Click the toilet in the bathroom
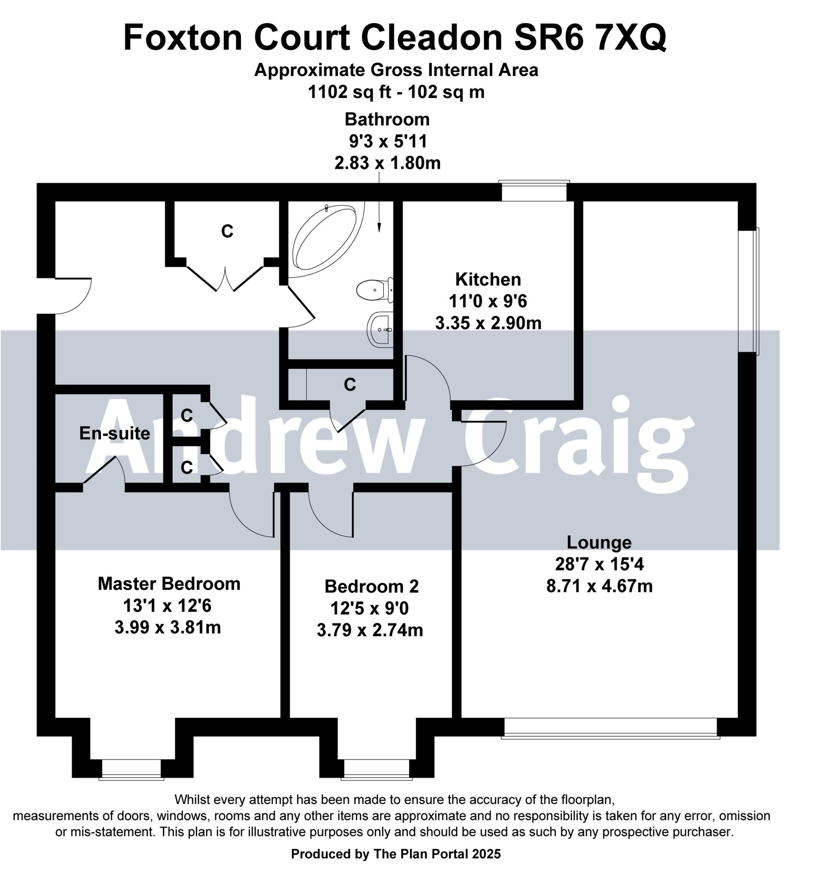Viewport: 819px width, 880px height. click(374, 290)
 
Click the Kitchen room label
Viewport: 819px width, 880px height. click(488, 279)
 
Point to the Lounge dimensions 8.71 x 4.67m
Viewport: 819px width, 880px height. click(599, 587)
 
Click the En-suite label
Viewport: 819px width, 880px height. click(114, 434)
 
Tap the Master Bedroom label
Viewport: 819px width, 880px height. click(169, 584)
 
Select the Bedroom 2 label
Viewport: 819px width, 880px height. click(371, 587)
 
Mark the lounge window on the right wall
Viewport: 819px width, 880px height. click(749, 291)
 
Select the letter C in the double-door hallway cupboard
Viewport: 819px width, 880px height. click(227, 231)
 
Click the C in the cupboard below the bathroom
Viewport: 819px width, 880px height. click(349, 385)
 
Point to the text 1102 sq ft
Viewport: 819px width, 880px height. click(349, 92)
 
